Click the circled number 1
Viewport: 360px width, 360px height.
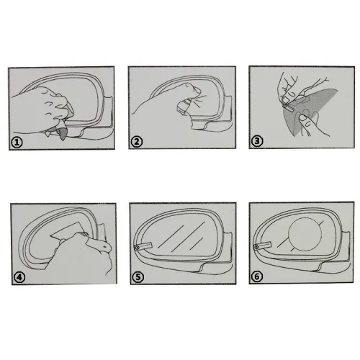17,143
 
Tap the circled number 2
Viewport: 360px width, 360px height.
137,142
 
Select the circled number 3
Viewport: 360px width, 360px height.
257,141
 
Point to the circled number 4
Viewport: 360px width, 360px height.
19,277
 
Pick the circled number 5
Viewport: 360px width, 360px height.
138,276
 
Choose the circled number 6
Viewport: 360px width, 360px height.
257,276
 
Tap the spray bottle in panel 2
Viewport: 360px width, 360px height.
184,107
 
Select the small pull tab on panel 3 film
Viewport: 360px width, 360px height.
289,109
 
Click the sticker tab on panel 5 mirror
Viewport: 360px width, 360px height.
143,246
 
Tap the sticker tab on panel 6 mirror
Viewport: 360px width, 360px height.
263,246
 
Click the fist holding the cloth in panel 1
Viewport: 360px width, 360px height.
45,106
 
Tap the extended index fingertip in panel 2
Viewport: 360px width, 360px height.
197,91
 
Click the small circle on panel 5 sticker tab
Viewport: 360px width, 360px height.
137,247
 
